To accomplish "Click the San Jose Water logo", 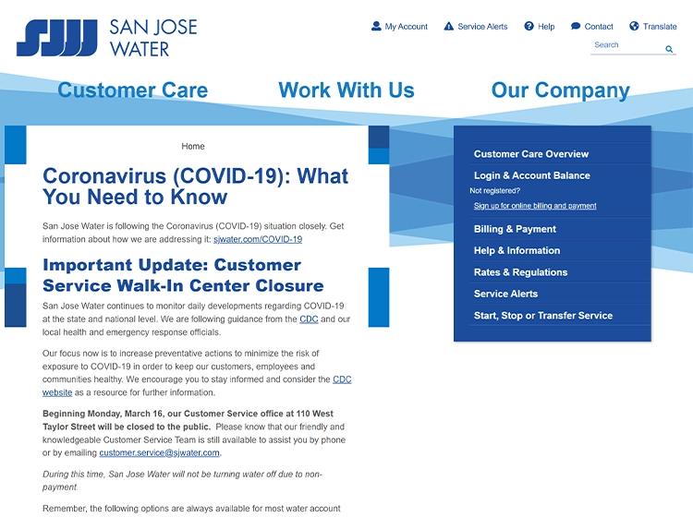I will coord(106,37).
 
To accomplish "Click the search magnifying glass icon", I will coord(669,49).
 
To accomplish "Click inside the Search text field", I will coord(626,45).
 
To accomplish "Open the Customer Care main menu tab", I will coord(132,90).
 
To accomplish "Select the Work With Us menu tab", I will coord(346,90).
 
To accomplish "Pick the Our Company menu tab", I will coord(560,90).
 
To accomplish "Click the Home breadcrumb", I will coord(193,146).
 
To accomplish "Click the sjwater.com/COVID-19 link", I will coord(258,239).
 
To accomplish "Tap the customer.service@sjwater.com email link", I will coord(160,453).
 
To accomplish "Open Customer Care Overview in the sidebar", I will coord(531,154).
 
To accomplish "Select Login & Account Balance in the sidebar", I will coord(532,175).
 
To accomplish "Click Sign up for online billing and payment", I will coord(535,206).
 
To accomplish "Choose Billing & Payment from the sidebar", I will coord(515,229).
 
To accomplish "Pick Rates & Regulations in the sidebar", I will coord(520,272).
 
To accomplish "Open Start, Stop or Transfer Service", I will coord(543,316).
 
